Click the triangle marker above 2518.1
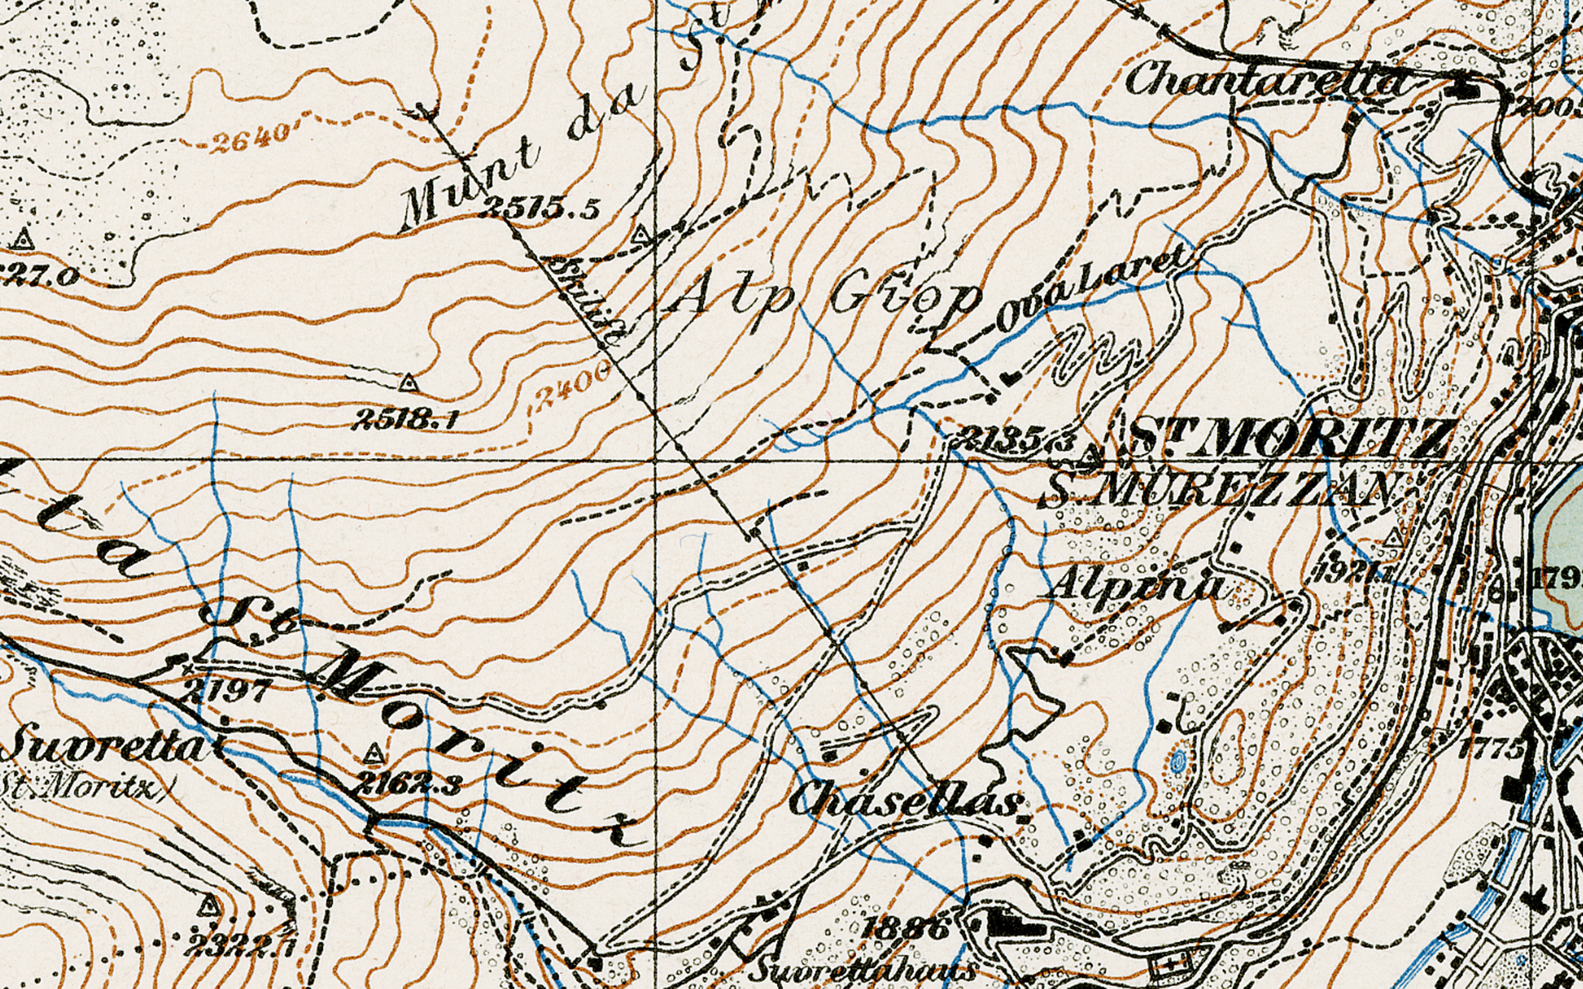point(408,383)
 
